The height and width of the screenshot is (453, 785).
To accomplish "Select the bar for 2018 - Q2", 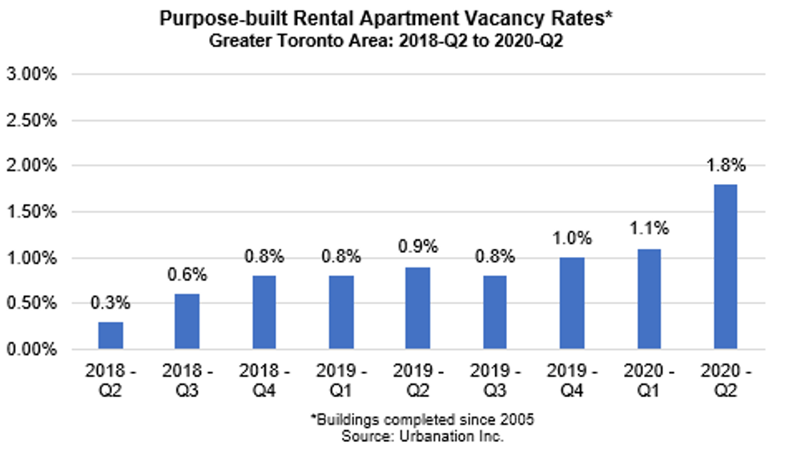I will tap(111, 335).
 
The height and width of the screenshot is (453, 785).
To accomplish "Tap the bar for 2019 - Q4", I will tap(572, 303).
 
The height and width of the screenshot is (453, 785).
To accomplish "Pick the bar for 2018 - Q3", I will tap(187, 321).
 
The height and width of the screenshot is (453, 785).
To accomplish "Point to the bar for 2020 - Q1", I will tap(650, 299).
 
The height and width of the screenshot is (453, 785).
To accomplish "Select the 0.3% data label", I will tap(111, 304).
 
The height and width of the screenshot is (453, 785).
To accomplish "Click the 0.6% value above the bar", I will tap(187, 275).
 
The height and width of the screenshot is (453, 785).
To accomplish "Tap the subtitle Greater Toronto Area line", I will tap(392, 38).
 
